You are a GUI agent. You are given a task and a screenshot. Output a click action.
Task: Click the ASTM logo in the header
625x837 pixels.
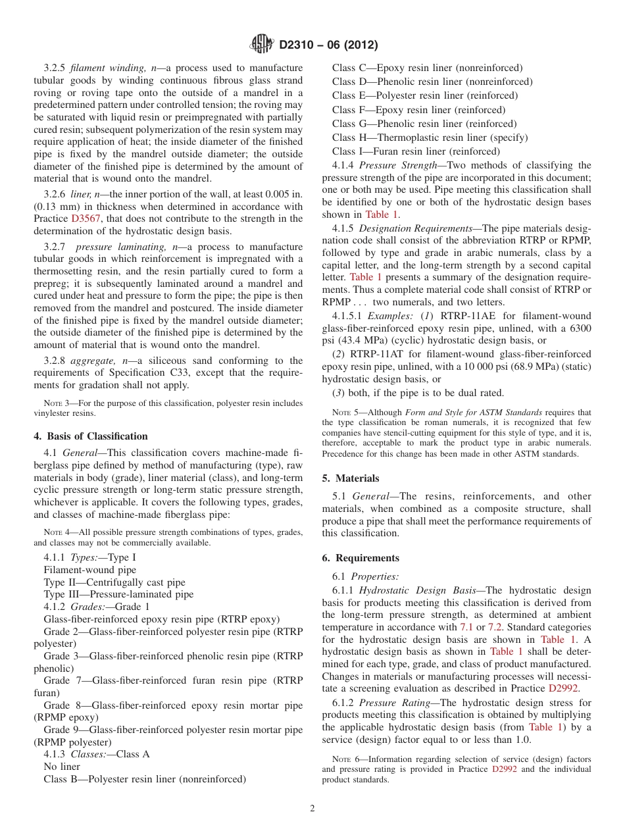[x=262, y=45]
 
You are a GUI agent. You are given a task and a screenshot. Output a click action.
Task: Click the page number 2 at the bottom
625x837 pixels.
[x=312, y=808]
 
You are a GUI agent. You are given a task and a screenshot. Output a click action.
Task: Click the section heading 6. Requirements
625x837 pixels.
[x=361, y=558]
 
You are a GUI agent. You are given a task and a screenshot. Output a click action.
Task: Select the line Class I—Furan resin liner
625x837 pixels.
[x=416, y=151]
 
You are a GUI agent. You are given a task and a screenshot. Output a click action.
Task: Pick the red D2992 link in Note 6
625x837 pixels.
[x=504, y=769]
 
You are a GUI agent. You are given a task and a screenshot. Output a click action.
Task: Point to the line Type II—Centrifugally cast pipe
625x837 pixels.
[x=114, y=582]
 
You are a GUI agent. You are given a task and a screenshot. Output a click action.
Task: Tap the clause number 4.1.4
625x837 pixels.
[x=344, y=165]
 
